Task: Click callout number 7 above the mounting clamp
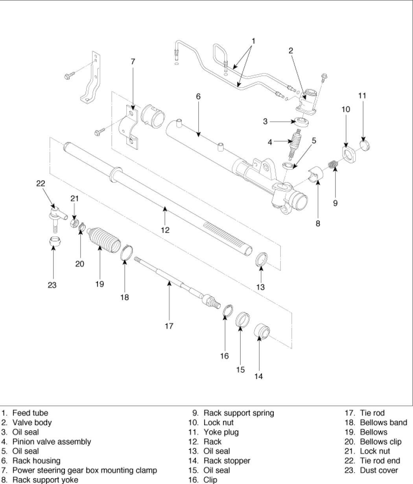(133, 62)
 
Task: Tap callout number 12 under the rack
(165, 230)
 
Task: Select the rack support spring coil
(334, 164)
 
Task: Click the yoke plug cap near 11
(365, 145)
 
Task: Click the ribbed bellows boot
(104, 239)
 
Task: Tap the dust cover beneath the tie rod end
(56, 241)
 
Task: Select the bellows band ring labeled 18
(127, 252)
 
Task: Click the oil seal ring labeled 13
(262, 259)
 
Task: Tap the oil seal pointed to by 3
(302, 122)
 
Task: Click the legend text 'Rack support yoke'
(45, 480)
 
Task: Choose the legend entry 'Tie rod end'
(380, 460)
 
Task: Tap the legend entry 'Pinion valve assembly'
(52, 442)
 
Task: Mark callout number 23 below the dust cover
(52, 285)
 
